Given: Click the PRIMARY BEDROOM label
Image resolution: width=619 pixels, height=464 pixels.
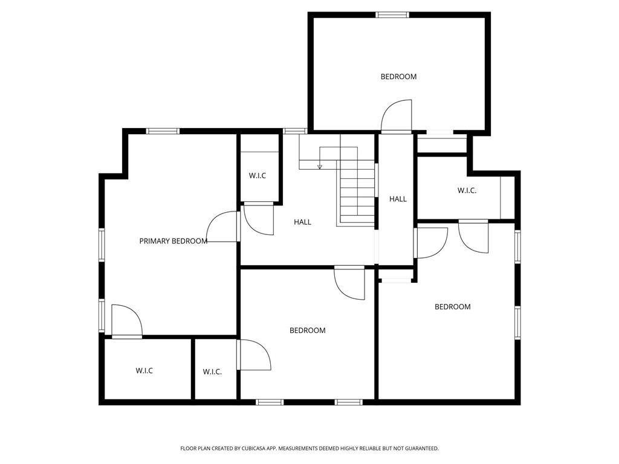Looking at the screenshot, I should click(173, 241).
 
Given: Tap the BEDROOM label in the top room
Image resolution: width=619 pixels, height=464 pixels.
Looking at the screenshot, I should click(398, 77).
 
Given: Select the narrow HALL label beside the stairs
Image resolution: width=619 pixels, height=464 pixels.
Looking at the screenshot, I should click(398, 199).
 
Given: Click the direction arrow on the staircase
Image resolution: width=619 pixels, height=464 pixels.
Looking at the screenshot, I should click(320, 166).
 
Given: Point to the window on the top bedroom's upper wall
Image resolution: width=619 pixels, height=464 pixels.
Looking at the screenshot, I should click(392, 14).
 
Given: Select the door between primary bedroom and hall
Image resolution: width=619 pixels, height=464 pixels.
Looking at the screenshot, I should click(224, 228).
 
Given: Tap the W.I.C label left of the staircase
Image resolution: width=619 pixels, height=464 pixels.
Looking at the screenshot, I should click(258, 176).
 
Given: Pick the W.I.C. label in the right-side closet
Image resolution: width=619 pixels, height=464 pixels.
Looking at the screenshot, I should click(467, 191).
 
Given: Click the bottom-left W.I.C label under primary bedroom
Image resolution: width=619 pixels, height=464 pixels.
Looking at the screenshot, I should click(144, 370).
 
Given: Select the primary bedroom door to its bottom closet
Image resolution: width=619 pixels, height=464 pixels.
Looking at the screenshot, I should click(126, 321).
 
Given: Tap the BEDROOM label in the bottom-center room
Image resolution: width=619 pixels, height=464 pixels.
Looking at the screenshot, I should click(307, 330).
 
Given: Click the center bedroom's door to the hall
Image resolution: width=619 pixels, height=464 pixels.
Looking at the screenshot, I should click(351, 282).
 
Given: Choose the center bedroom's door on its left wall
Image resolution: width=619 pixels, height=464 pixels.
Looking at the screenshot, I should click(254, 355).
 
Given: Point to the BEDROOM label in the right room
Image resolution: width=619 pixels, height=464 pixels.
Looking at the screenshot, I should click(452, 307).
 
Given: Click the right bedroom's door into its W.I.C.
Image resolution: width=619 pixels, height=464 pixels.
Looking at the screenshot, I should click(473, 236).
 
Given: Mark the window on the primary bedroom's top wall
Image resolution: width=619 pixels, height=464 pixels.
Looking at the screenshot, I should click(163, 130).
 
